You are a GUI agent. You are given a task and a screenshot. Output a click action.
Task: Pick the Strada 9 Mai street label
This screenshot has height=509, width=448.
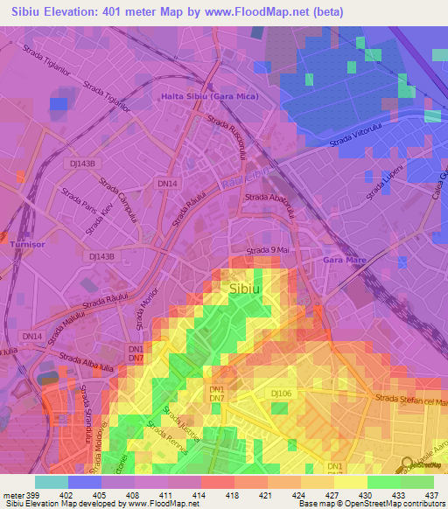click(269, 251)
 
